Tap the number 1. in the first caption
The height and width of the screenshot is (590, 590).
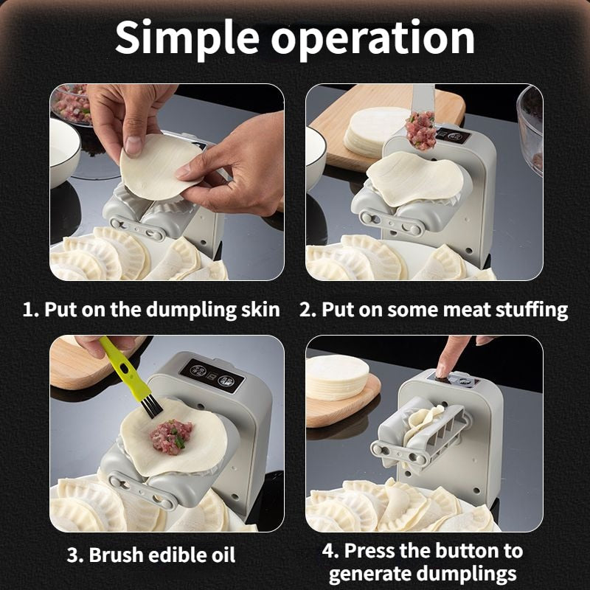click(x=30, y=309)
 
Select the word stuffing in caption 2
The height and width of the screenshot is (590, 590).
click(x=530, y=309)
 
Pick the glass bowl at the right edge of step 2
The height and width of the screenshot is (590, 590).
click(x=530, y=129)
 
